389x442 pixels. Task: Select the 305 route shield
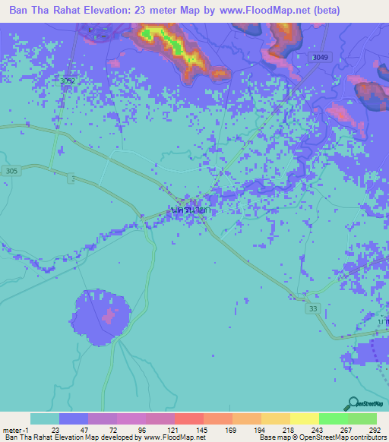[x=11, y=170]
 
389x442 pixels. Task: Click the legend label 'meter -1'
[x=17, y=429]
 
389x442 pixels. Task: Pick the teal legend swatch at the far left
[x=45, y=418]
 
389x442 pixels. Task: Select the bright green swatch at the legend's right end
[x=362, y=418]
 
